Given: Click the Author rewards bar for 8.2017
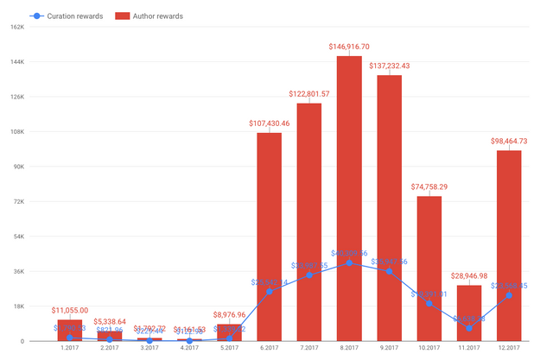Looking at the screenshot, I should coord(349,199).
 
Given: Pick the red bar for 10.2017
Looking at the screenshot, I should coord(429,268).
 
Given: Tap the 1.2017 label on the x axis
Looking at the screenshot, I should coord(70,350).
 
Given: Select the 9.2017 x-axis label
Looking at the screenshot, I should coord(389,350).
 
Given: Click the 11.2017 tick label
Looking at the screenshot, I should coord(469,350).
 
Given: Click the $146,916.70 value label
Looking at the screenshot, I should coord(349,47).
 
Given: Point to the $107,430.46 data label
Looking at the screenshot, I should coord(269,123).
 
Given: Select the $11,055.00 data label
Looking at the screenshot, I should coord(70,310).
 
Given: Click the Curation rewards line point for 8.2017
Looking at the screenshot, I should coord(349,262).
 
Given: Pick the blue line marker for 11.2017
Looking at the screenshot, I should coord(469,328).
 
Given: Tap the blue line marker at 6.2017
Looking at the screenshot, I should coord(269,292).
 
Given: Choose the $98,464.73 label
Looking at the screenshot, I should coord(509,141).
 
